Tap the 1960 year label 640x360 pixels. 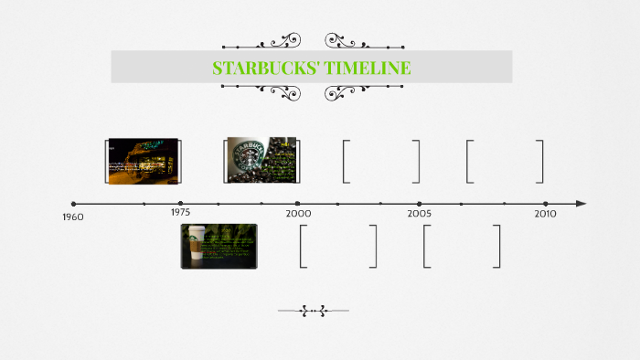click(x=73, y=217)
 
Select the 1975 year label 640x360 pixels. click(x=180, y=212)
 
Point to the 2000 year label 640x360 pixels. click(x=297, y=212)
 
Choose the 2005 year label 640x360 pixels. click(x=420, y=213)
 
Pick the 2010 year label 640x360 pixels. click(x=545, y=213)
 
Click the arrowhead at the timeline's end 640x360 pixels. click(x=581, y=203)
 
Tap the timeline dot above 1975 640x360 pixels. click(x=180, y=203)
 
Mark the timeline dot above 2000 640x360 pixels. click(x=297, y=203)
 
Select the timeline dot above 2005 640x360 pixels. click(x=420, y=203)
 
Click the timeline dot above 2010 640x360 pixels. click(x=545, y=203)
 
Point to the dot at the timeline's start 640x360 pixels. click(x=73, y=203)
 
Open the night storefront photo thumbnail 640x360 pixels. click(x=143, y=161)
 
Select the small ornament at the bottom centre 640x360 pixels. click(x=313, y=311)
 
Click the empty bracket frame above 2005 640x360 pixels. click(x=382, y=161)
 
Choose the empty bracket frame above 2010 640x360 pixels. click(x=505, y=161)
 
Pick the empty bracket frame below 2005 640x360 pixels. click(x=462, y=246)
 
